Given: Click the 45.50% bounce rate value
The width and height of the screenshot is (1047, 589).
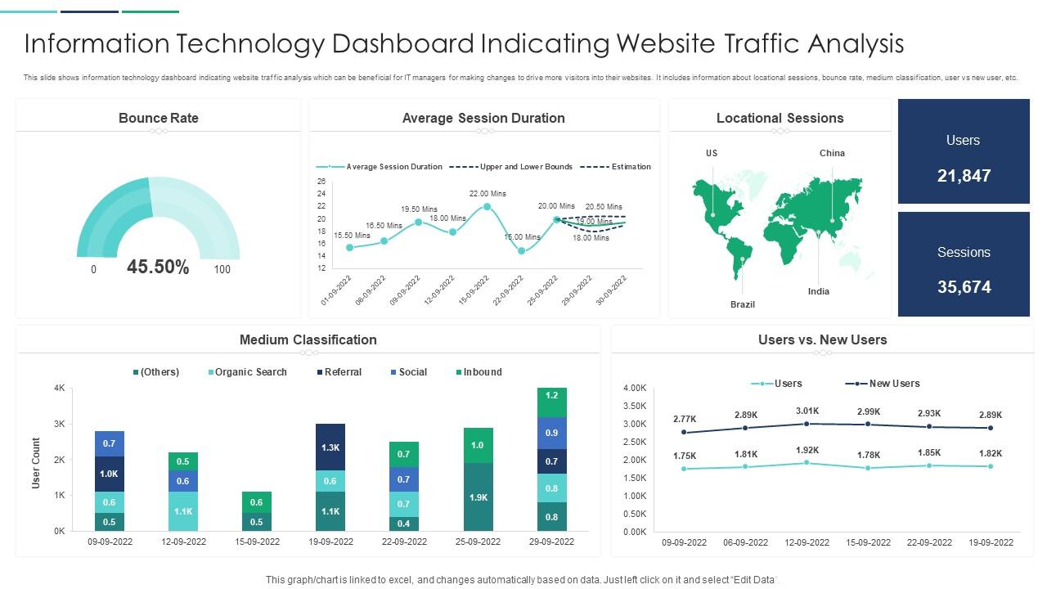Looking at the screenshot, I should tap(158, 268).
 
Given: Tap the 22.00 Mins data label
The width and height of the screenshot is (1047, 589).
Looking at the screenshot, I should tap(488, 194).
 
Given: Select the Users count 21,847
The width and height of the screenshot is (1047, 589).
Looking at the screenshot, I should tap(964, 176).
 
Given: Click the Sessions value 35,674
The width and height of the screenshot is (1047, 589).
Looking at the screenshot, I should tap(964, 287).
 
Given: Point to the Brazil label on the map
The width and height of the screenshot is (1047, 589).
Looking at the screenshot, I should tap(743, 304).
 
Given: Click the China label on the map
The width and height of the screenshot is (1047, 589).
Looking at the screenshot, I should tap(832, 153).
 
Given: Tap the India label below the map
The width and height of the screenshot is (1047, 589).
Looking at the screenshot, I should tap(819, 291).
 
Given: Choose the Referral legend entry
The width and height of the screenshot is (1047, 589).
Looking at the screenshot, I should tap(343, 372).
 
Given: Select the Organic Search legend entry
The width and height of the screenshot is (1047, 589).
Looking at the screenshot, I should tap(250, 372).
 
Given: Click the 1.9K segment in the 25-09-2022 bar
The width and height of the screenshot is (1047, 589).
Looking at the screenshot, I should tap(479, 497).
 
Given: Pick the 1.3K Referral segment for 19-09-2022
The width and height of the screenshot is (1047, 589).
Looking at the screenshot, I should tap(330, 447).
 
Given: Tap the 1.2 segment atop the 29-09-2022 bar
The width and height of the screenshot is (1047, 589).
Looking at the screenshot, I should tap(551, 395).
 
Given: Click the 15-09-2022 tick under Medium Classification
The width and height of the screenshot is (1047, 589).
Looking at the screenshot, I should tap(257, 542).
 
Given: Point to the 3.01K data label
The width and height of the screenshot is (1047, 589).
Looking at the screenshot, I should tap(807, 411).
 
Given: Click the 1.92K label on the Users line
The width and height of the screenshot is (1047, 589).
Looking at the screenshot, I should tap(807, 450).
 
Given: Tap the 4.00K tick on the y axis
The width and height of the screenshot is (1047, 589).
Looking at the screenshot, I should tap(635, 388).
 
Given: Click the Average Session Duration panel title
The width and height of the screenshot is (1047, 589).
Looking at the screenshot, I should tap(483, 119).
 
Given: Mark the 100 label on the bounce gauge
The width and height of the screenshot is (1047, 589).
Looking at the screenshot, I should tap(222, 269).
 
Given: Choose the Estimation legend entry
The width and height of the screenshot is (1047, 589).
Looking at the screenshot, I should tap(631, 167).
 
